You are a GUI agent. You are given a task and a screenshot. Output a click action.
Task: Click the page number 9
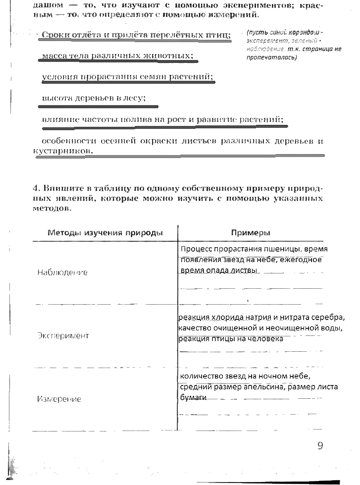click(x=320, y=445)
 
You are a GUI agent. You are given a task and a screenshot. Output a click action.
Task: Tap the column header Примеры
click(x=251, y=233)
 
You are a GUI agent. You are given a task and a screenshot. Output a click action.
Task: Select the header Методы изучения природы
click(x=105, y=233)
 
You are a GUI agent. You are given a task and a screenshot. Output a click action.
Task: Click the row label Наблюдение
click(x=62, y=272)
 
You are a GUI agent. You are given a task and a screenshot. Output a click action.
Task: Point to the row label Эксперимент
click(x=63, y=335)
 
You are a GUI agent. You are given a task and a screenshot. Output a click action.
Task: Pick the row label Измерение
click(x=59, y=399)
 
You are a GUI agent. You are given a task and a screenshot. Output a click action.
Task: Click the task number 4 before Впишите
click(x=36, y=189)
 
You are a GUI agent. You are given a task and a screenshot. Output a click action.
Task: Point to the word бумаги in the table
click(x=193, y=397)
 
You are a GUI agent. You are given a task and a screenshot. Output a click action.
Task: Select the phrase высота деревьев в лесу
click(x=94, y=98)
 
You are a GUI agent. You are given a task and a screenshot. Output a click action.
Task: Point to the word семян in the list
click(x=156, y=77)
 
